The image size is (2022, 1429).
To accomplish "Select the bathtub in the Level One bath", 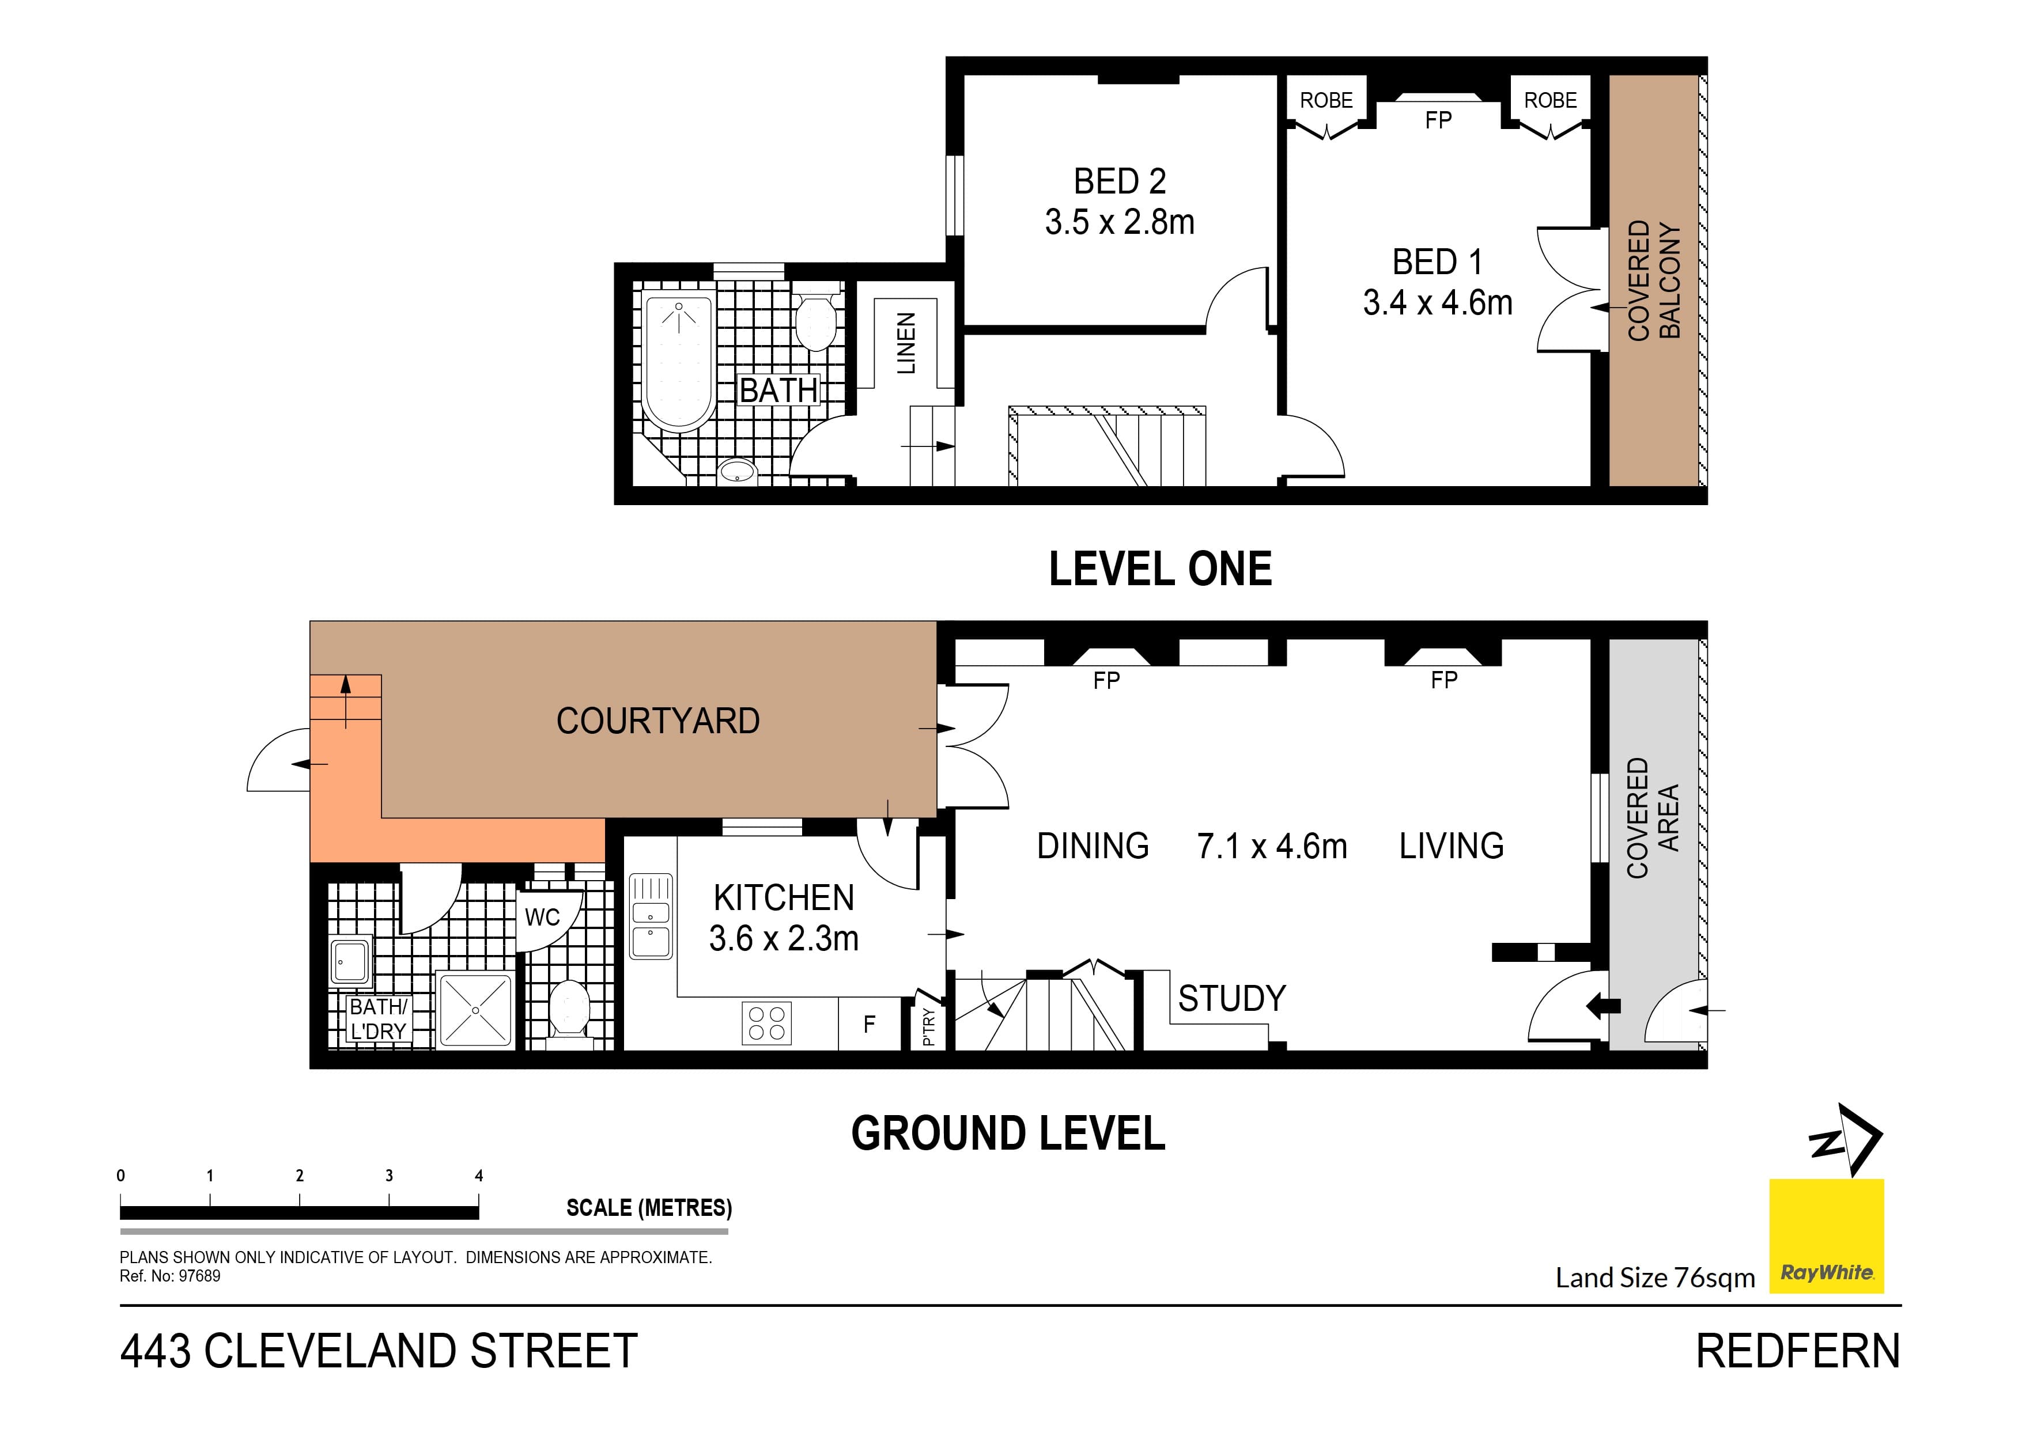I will tap(678, 362).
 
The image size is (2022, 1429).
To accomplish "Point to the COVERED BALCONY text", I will tap(1653, 280).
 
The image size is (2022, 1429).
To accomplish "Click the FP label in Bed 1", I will tap(1438, 120).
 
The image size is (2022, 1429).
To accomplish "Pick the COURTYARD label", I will tap(658, 721).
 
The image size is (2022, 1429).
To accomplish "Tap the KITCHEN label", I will tap(784, 898).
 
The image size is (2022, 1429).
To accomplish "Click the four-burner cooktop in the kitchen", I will tap(766, 1023).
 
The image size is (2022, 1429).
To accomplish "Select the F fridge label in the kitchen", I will tap(869, 1024).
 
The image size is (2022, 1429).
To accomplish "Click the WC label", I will tap(542, 918).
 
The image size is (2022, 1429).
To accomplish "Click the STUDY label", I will tap(1231, 998).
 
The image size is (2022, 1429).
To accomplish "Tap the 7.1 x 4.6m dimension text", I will tap(1272, 846).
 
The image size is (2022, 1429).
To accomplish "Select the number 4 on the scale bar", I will tap(479, 1176).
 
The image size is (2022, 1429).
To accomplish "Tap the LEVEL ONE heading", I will tap(1160, 569).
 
